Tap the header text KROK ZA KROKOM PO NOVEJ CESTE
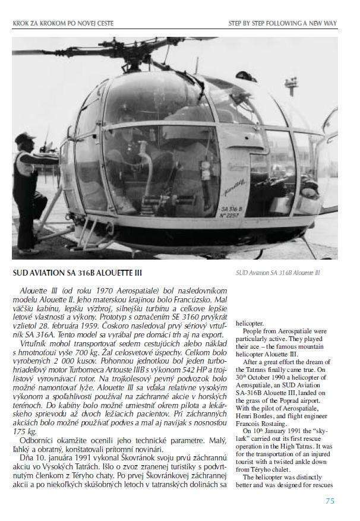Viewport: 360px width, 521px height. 62,23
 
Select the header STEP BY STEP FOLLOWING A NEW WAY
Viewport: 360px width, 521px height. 282,23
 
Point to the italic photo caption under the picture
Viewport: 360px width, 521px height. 277,273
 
